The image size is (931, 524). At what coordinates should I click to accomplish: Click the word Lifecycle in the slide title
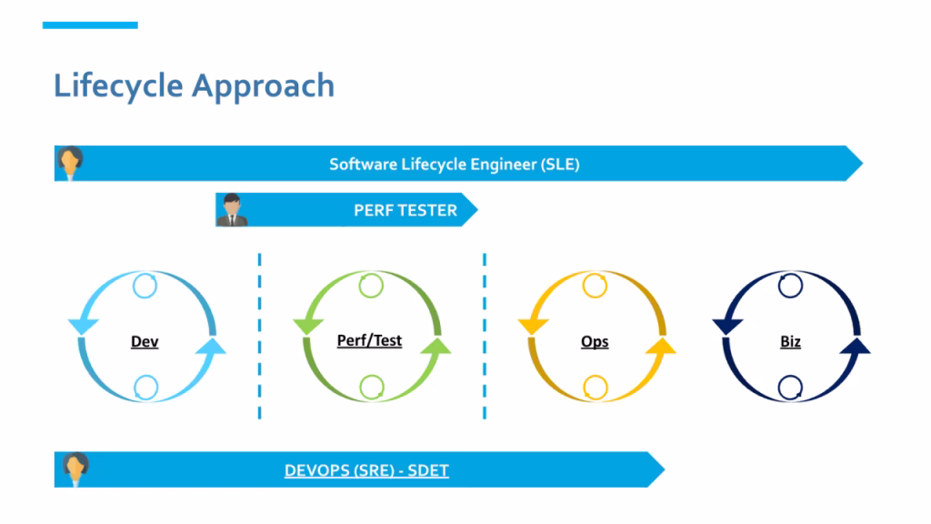point(117,86)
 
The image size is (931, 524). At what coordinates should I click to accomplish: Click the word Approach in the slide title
point(263,86)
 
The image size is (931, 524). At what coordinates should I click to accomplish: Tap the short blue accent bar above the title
point(90,25)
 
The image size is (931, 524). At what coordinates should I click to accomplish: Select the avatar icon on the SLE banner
point(70,163)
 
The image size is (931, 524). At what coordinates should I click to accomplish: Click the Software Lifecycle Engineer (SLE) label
point(454,165)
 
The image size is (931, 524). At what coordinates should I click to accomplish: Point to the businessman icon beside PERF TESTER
point(231,210)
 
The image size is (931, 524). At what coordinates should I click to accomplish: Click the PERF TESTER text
point(405,211)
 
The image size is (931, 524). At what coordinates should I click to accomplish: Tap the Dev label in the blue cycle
point(145,342)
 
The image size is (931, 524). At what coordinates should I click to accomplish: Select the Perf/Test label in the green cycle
point(369,340)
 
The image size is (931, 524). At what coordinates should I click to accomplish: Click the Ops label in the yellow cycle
point(595,342)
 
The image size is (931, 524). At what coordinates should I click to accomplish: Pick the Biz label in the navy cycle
point(790,342)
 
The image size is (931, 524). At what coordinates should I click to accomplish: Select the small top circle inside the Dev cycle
point(145,286)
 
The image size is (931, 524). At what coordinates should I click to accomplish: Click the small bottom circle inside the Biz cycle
point(790,388)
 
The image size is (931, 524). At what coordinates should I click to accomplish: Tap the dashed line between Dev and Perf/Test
point(259,337)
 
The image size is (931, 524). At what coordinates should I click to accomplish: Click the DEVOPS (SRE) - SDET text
point(366,470)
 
